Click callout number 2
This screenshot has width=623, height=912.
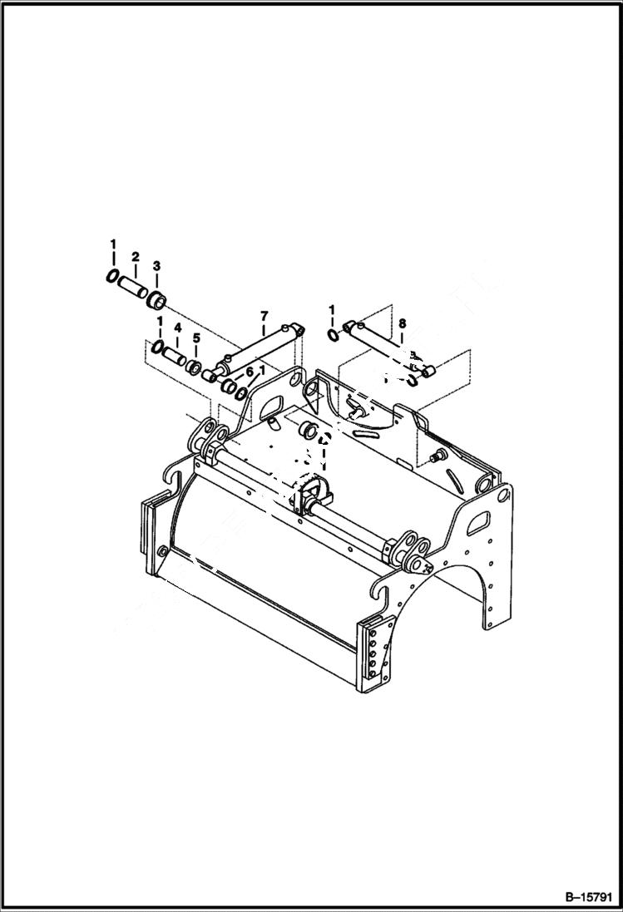click(x=135, y=257)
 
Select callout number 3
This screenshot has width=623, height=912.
click(x=156, y=265)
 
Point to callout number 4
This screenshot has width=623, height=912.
click(x=177, y=328)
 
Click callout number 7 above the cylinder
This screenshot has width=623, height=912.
click(x=264, y=315)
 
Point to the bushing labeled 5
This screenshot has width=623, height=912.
click(x=195, y=366)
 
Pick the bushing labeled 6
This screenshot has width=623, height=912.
click(x=225, y=386)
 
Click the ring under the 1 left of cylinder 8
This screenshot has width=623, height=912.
click(x=332, y=336)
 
